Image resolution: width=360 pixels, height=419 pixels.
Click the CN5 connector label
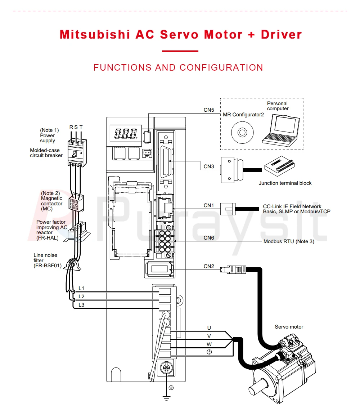(x=209, y=110)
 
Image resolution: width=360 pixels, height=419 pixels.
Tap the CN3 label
(x=209, y=166)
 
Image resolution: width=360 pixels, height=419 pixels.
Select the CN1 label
(x=209, y=205)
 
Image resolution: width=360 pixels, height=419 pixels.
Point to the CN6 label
(x=209, y=238)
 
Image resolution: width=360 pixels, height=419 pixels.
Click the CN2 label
(x=209, y=266)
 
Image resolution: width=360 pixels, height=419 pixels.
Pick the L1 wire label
(x=81, y=288)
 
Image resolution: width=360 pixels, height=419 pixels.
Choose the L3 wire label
(x=81, y=305)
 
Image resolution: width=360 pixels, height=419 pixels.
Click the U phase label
(x=209, y=328)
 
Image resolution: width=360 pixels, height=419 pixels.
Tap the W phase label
(x=209, y=344)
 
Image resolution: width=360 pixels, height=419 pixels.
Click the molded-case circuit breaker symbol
(x=76, y=153)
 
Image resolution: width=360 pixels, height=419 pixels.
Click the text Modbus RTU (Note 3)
(x=289, y=241)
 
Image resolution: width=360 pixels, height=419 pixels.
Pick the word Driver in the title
(x=281, y=35)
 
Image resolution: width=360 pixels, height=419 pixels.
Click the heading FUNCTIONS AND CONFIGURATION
(x=178, y=67)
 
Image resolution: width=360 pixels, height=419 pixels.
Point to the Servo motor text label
(x=289, y=327)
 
